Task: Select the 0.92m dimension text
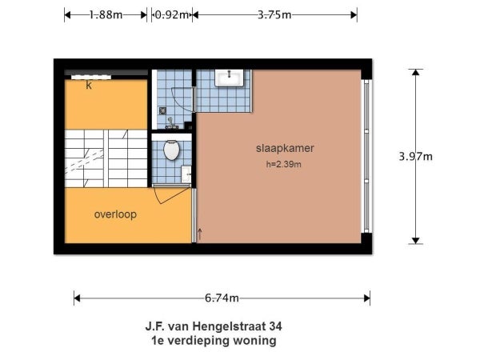point(170,14)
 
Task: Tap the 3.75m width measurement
point(274,14)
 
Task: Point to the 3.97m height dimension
point(415,157)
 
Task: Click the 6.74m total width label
point(222,298)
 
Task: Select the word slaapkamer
point(284,149)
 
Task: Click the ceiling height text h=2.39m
point(284,164)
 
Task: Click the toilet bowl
point(171,150)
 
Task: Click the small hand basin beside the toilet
point(186,171)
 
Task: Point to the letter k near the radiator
point(89,85)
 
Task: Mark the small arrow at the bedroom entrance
point(199,233)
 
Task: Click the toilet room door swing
point(170,194)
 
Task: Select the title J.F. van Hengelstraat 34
point(213,326)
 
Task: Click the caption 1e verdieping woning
point(213,340)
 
